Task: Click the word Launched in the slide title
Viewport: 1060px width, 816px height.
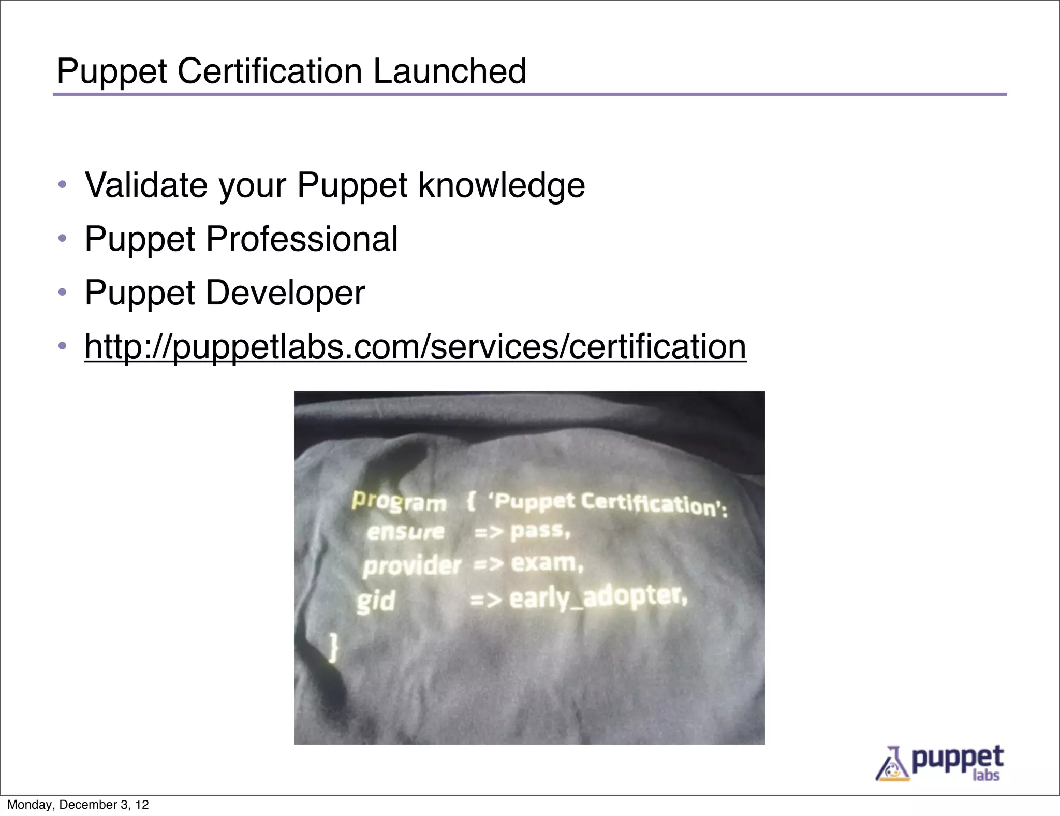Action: tap(449, 71)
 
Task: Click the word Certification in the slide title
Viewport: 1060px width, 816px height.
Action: tap(270, 71)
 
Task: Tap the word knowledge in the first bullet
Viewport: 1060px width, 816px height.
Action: tap(501, 186)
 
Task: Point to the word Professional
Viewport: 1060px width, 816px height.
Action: tap(302, 239)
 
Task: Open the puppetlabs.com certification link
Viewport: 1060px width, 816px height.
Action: tap(415, 346)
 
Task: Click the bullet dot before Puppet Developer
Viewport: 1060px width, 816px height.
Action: tap(63, 292)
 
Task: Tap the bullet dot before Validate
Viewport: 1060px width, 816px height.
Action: tap(63, 184)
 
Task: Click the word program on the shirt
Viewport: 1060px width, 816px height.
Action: tap(399, 501)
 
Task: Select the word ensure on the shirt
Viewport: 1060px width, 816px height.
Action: tap(405, 532)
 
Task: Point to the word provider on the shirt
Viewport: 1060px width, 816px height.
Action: tap(411, 565)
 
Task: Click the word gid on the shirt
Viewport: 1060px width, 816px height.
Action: tap(376, 601)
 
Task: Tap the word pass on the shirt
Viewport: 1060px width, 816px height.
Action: tap(540, 531)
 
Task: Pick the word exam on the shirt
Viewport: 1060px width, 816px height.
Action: tap(547, 563)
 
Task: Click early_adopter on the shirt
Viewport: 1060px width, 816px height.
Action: tap(598, 597)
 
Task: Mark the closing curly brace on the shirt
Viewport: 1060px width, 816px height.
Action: tap(334, 647)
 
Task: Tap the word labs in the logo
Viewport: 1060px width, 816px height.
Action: tap(985, 775)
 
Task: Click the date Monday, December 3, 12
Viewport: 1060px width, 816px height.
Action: tap(78, 805)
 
